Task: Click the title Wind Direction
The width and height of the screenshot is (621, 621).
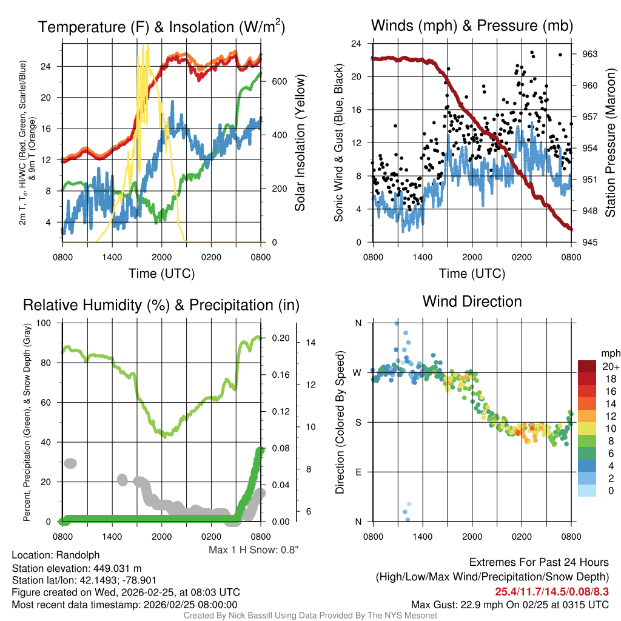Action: pyautogui.click(x=472, y=301)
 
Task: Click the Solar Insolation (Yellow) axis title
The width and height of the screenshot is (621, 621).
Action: pyautogui.click(x=300, y=143)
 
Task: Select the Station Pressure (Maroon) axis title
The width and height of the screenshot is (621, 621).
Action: pyautogui.click(x=610, y=143)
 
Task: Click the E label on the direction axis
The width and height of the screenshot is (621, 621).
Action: pyautogui.click(x=358, y=472)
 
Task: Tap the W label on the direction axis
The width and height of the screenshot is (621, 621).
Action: pyautogui.click(x=358, y=372)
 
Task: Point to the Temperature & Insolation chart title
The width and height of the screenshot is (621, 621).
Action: pyautogui.click(x=161, y=27)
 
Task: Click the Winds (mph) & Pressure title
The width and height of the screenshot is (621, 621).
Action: pyautogui.click(x=472, y=25)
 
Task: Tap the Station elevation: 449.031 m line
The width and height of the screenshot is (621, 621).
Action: pyautogui.click(x=76, y=568)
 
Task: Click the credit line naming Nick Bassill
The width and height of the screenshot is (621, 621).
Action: pyautogui.click(x=310, y=616)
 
